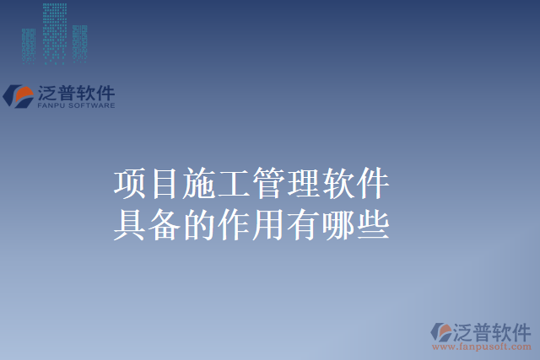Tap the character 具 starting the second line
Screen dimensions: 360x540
pos(127,225)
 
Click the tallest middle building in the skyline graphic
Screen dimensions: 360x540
pos(55,34)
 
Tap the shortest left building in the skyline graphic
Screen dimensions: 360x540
pos(29,47)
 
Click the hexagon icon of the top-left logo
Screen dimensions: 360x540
pos(19,95)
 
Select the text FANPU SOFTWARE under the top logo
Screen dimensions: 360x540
pos(76,106)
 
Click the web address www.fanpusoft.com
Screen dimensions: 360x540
pos(482,346)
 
